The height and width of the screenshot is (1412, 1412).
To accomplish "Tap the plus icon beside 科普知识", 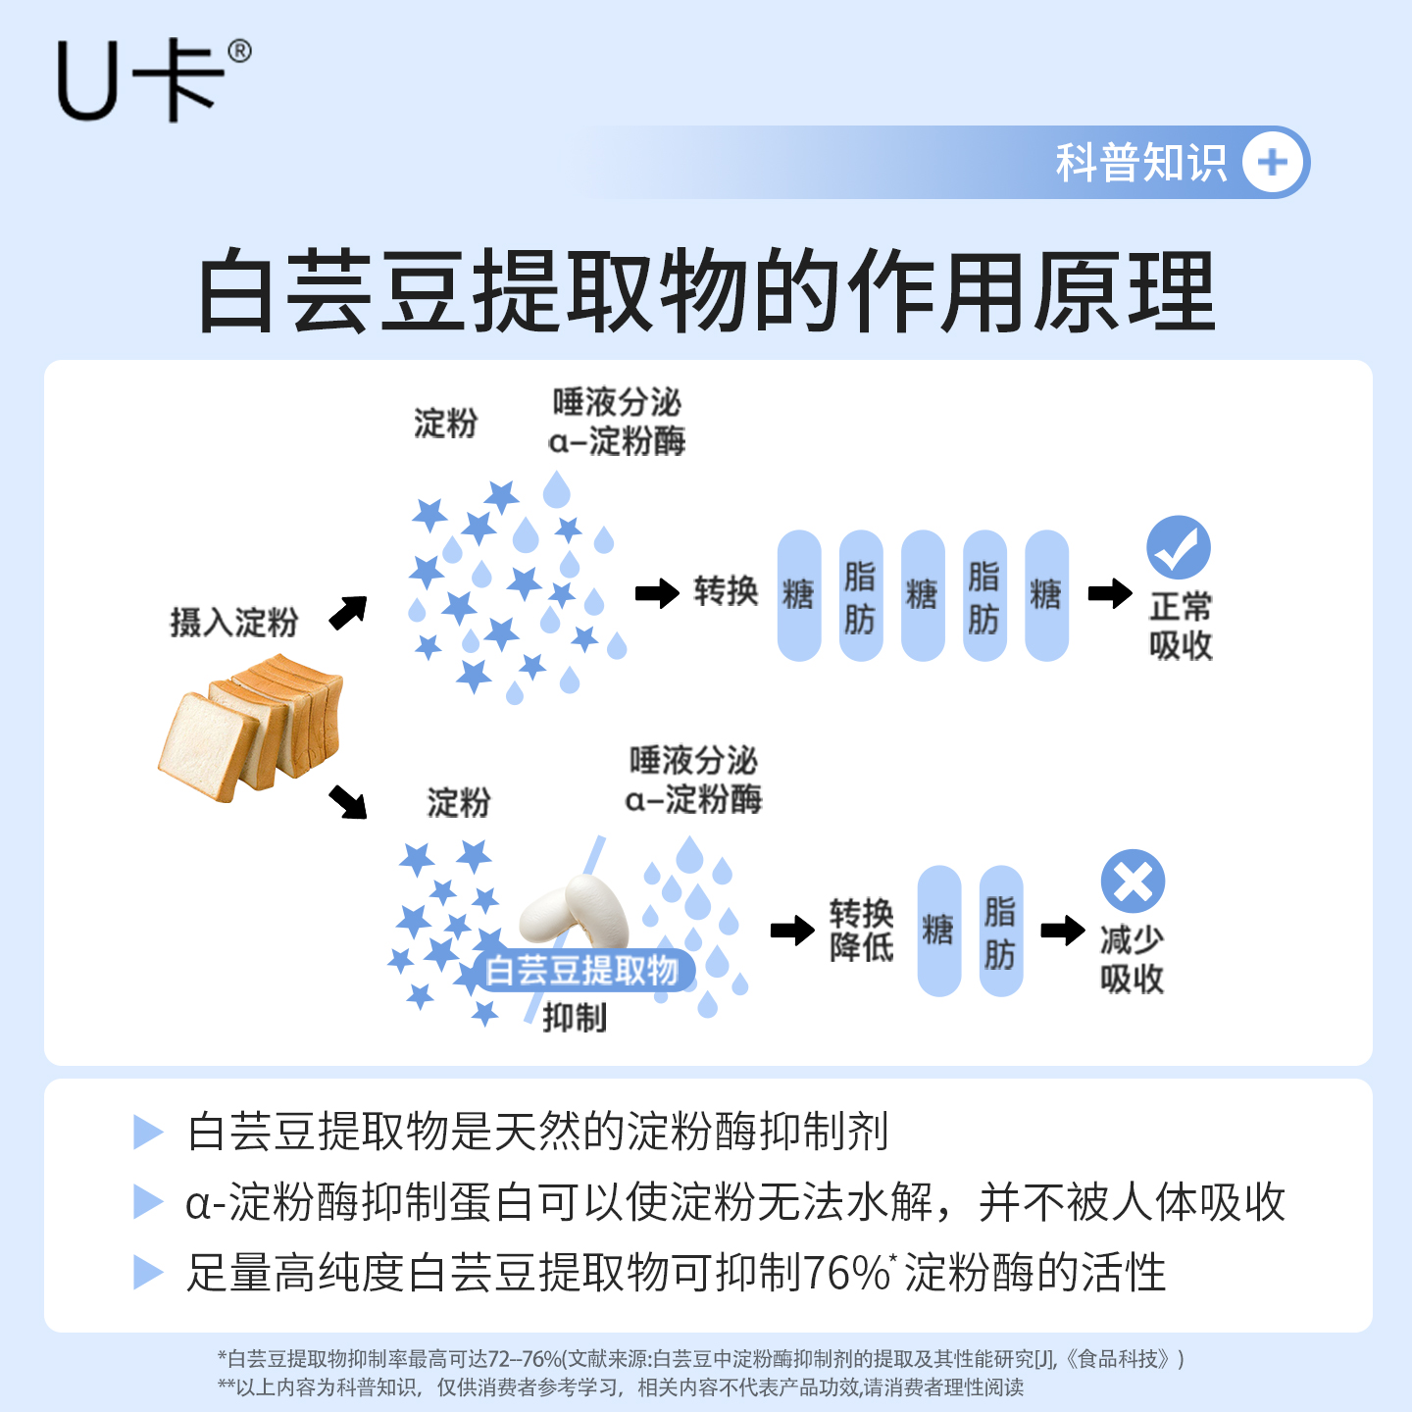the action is coord(1273,163).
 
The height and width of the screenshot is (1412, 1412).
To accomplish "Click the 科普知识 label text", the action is coord(1140,163).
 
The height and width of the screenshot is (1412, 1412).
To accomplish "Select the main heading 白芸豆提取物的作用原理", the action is coord(706,291).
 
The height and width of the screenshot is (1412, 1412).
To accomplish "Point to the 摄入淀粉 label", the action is coord(233,622).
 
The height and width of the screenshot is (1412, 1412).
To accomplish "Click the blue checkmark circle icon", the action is coord(1179,547).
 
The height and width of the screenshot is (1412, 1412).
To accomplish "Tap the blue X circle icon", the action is coord(1133,881).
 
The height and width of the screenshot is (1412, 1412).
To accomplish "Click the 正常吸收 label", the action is coord(1181,626).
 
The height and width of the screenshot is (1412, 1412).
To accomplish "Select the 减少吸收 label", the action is coord(1132,959).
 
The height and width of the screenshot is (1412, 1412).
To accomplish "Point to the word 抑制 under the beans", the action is coord(575,1018).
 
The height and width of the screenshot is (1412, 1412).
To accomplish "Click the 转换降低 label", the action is coord(861,930).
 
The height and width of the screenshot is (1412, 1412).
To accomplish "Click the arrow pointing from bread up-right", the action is coord(348,612).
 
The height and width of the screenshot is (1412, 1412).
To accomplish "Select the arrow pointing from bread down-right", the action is coord(348,800).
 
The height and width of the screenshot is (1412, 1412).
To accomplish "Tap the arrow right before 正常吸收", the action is coord(1110,592).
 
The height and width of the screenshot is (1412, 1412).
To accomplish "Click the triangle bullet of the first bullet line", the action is coord(148,1132).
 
